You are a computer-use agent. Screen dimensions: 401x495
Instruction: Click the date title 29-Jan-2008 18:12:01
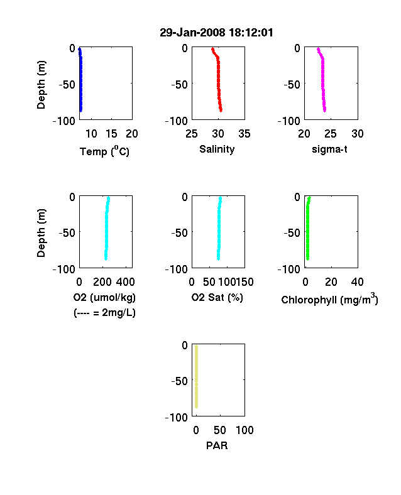click(216, 33)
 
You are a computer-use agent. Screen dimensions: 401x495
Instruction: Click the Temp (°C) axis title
click(104, 151)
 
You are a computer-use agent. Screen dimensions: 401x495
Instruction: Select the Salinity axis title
click(217, 149)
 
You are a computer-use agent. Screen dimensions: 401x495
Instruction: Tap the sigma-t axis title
click(329, 149)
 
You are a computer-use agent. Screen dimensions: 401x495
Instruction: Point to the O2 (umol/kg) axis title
click(104, 297)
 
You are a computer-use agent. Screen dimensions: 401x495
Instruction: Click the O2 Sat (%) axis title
click(217, 297)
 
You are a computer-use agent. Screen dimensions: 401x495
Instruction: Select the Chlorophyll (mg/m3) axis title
click(329, 299)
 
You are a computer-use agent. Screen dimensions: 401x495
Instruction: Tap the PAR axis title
click(217, 445)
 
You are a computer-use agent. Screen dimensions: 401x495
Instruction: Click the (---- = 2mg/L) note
click(104, 313)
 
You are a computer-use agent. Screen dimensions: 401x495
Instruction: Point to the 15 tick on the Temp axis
click(111, 134)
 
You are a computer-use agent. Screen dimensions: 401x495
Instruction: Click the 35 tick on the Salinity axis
click(244, 134)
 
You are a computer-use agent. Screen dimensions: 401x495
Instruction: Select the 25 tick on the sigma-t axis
click(330, 134)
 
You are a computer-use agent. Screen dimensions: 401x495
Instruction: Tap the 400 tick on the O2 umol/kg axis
click(125, 282)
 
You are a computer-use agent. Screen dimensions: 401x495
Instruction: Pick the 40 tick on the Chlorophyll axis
click(357, 282)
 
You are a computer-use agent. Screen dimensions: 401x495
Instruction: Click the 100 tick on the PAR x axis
click(244, 430)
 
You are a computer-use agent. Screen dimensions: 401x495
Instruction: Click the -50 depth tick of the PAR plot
click(180, 381)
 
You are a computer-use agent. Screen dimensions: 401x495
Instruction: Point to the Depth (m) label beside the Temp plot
click(41, 85)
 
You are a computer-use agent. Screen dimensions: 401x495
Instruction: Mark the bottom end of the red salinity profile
click(221, 111)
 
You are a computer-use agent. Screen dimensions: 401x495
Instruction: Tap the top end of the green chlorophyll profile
click(309, 198)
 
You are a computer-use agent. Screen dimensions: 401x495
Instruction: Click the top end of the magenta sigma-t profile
click(318, 49)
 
